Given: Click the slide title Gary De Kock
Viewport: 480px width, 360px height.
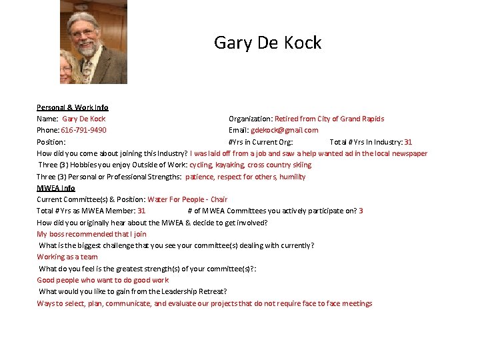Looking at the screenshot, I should tap(267, 43).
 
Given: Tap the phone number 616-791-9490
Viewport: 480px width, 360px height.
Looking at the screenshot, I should tap(83, 130).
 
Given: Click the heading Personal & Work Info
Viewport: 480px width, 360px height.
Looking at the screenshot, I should tap(72, 107).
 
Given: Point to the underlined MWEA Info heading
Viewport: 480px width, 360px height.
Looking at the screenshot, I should tap(56, 188).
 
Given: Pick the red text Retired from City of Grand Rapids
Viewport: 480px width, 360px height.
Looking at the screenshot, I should tap(329, 119).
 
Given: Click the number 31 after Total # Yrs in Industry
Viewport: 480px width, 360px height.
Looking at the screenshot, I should tap(408, 142).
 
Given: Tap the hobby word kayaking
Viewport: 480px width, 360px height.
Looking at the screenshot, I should tap(230, 165).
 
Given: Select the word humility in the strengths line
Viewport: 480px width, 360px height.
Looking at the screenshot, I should tap(292, 177).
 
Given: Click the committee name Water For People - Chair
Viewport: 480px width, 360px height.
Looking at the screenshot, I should tap(187, 199).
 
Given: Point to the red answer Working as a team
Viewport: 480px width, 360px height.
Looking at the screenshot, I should tap(67, 257).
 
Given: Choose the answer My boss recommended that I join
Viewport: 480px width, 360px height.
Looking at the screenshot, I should tap(91, 234).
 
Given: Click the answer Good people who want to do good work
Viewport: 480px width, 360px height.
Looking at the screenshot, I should tap(103, 280).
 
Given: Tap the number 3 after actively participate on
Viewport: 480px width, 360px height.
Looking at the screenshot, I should tap(361, 211).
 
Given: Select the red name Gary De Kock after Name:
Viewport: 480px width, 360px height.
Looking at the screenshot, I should tap(84, 119).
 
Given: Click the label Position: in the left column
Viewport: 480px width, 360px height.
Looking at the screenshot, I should tap(51, 142).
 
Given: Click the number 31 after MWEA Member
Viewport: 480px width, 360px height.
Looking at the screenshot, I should tap(141, 211).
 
